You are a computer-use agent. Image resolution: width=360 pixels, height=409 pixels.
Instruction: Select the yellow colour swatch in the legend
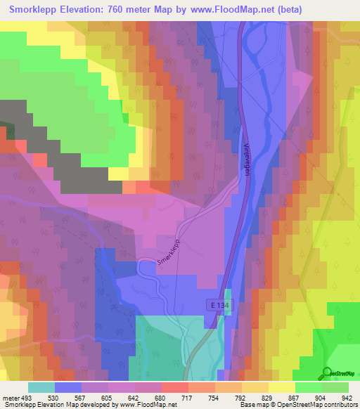pos(255,387)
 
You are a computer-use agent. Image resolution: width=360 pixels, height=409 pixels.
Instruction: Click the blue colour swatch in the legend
pos(68,387)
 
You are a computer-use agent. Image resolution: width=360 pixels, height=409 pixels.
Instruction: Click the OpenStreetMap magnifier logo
pos(328,373)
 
